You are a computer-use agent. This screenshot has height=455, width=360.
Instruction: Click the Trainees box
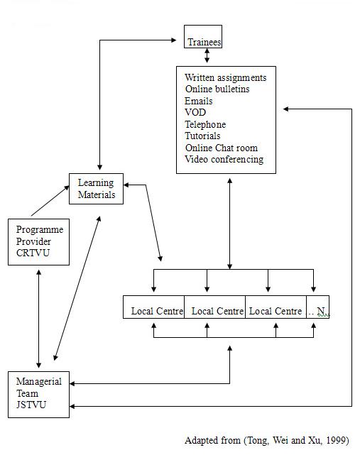(203, 37)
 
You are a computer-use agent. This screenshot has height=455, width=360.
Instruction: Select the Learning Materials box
(96, 189)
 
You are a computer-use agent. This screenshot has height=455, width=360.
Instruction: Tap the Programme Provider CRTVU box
(38, 242)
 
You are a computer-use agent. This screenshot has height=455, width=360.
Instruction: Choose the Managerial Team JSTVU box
(38, 395)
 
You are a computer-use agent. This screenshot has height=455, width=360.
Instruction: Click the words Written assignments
(225, 78)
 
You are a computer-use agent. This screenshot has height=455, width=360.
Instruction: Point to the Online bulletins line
(217, 89)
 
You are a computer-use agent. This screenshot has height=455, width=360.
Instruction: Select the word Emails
(199, 101)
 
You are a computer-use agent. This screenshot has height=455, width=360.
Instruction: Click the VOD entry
(195, 112)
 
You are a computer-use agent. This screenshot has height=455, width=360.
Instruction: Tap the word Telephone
(205, 124)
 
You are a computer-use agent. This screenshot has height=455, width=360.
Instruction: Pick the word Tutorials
(202, 136)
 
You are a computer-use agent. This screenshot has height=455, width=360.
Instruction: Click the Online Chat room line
(222, 148)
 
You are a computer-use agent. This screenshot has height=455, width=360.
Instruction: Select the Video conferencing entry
(224, 160)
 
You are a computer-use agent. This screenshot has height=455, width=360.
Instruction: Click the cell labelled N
(317, 307)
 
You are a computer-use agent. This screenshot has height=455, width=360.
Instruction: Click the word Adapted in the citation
(198, 441)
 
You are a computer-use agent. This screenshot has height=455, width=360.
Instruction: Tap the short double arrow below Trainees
(207, 55)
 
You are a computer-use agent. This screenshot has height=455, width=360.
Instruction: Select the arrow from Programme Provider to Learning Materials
(50, 201)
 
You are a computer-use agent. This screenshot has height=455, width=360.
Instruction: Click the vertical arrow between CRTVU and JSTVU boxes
(38, 319)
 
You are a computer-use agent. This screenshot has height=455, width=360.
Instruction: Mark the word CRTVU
(33, 253)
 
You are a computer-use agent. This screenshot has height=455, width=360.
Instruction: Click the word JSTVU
(31, 405)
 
